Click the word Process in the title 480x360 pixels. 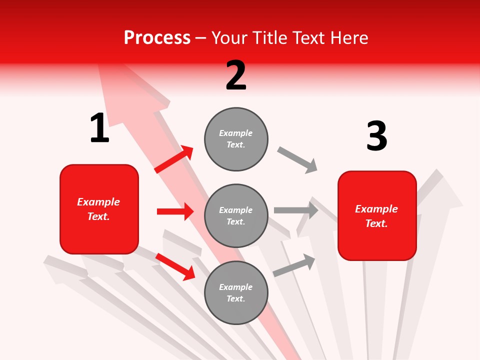[x=157, y=38]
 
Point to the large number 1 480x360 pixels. [x=99, y=128]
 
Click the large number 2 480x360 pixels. [x=236, y=75]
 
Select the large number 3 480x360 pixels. [x=376, y=136]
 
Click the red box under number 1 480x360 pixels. [x=99, y=209]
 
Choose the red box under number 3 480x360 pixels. [x=377, y=215]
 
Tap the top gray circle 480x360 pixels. [x=236, y=139]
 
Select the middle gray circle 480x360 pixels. [x=236, y=215]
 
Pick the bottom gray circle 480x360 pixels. [x=236, y=292]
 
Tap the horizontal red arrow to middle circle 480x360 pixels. [x=175, y=211]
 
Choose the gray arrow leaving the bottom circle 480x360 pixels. [x=294, y=265]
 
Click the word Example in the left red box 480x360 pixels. [x=98, y=202]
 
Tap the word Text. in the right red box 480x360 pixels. [x=376, y=223]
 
